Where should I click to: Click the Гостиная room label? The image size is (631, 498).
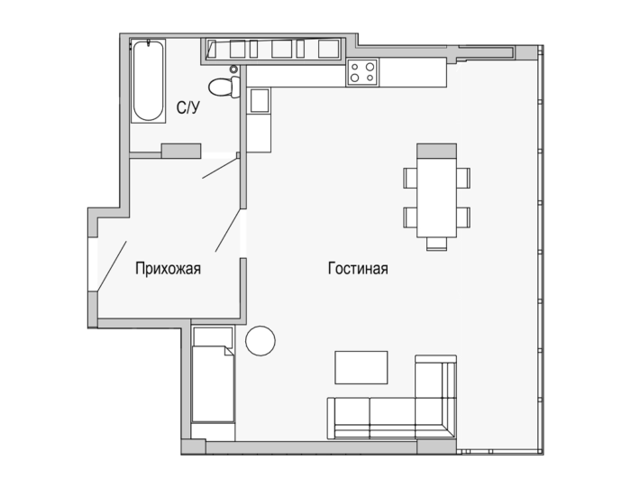pyautogui.click(x=358, y=268)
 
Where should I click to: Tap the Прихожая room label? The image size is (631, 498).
pyautogui.click(x=168, y=268)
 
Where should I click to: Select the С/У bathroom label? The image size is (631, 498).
pyautogui.click(x=187, y=107)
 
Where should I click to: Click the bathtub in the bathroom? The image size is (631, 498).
pyautogui.click(x=149, y=81)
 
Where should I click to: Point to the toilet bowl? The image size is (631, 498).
pyautogui.click(x=224, y=87)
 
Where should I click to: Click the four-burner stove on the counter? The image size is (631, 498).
pyautogui.click(x=362, y=72)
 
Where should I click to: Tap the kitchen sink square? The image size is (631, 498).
pyautogui.click(x=260, y=101)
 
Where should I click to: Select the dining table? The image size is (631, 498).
pyautogui.click(x=436, y=190)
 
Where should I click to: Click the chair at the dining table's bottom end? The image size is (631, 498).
pyautogui.click(x=436, y=244)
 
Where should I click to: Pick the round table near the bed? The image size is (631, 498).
pyautogui.click(x=261, y=341)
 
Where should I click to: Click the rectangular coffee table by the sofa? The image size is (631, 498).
pyautogui.click(x=361, y=367)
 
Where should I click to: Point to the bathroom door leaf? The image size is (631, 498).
pyautogui.click(x=220, y=168)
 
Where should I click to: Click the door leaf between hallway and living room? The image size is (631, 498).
pyautogui.click(x=228, y=230)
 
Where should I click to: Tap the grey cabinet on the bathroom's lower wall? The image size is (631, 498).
pyautogui.click(x=181, y=151)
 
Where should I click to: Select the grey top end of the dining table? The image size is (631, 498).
pyautogui.click(x=436, y=151)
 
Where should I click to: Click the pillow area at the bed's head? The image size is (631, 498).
pyautogui.click(x=213, y=337)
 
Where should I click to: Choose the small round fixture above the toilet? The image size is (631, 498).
pyautogui.click(x=233, y=69)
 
